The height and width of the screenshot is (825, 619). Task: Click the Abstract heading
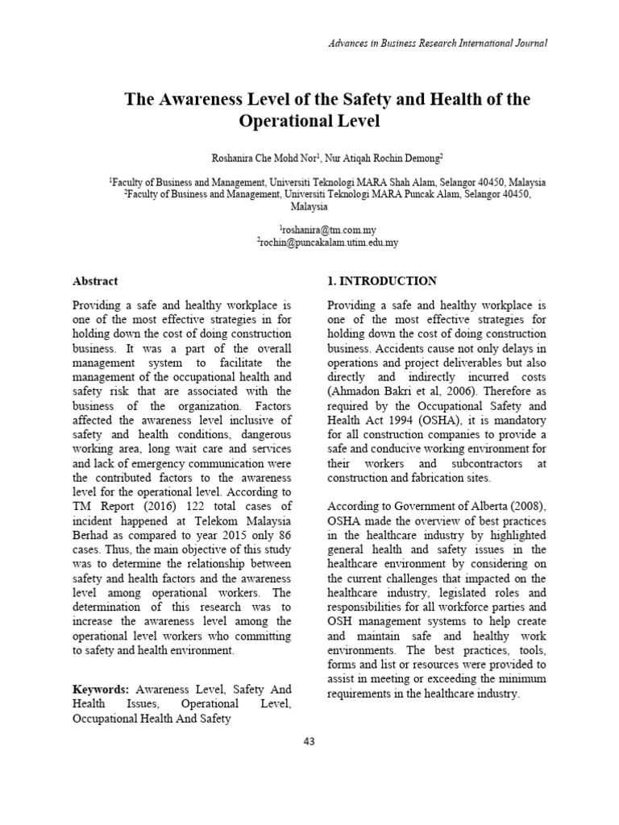click(x=95, y=281)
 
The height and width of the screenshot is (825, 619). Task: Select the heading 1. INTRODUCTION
click(x=381, y=281)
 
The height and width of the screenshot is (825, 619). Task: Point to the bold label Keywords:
click(x=101, y=690)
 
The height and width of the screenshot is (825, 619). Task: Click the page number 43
click(x=309, y=741)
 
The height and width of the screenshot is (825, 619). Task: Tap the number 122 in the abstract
click(x=179, y=505)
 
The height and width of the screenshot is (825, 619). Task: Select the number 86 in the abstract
click(x=283, y=520)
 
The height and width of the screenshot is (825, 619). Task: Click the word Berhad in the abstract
click(x=90, y=534)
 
